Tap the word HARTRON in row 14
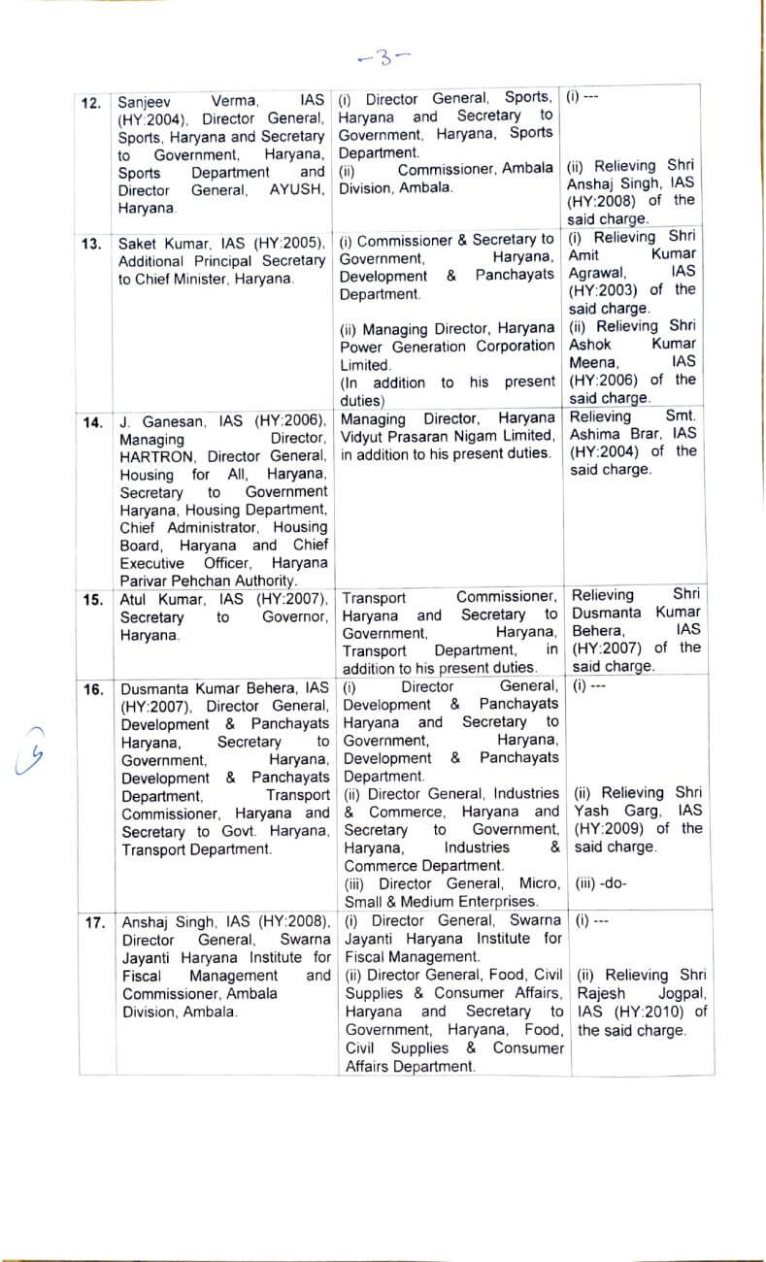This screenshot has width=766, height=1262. tap(157, 456)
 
